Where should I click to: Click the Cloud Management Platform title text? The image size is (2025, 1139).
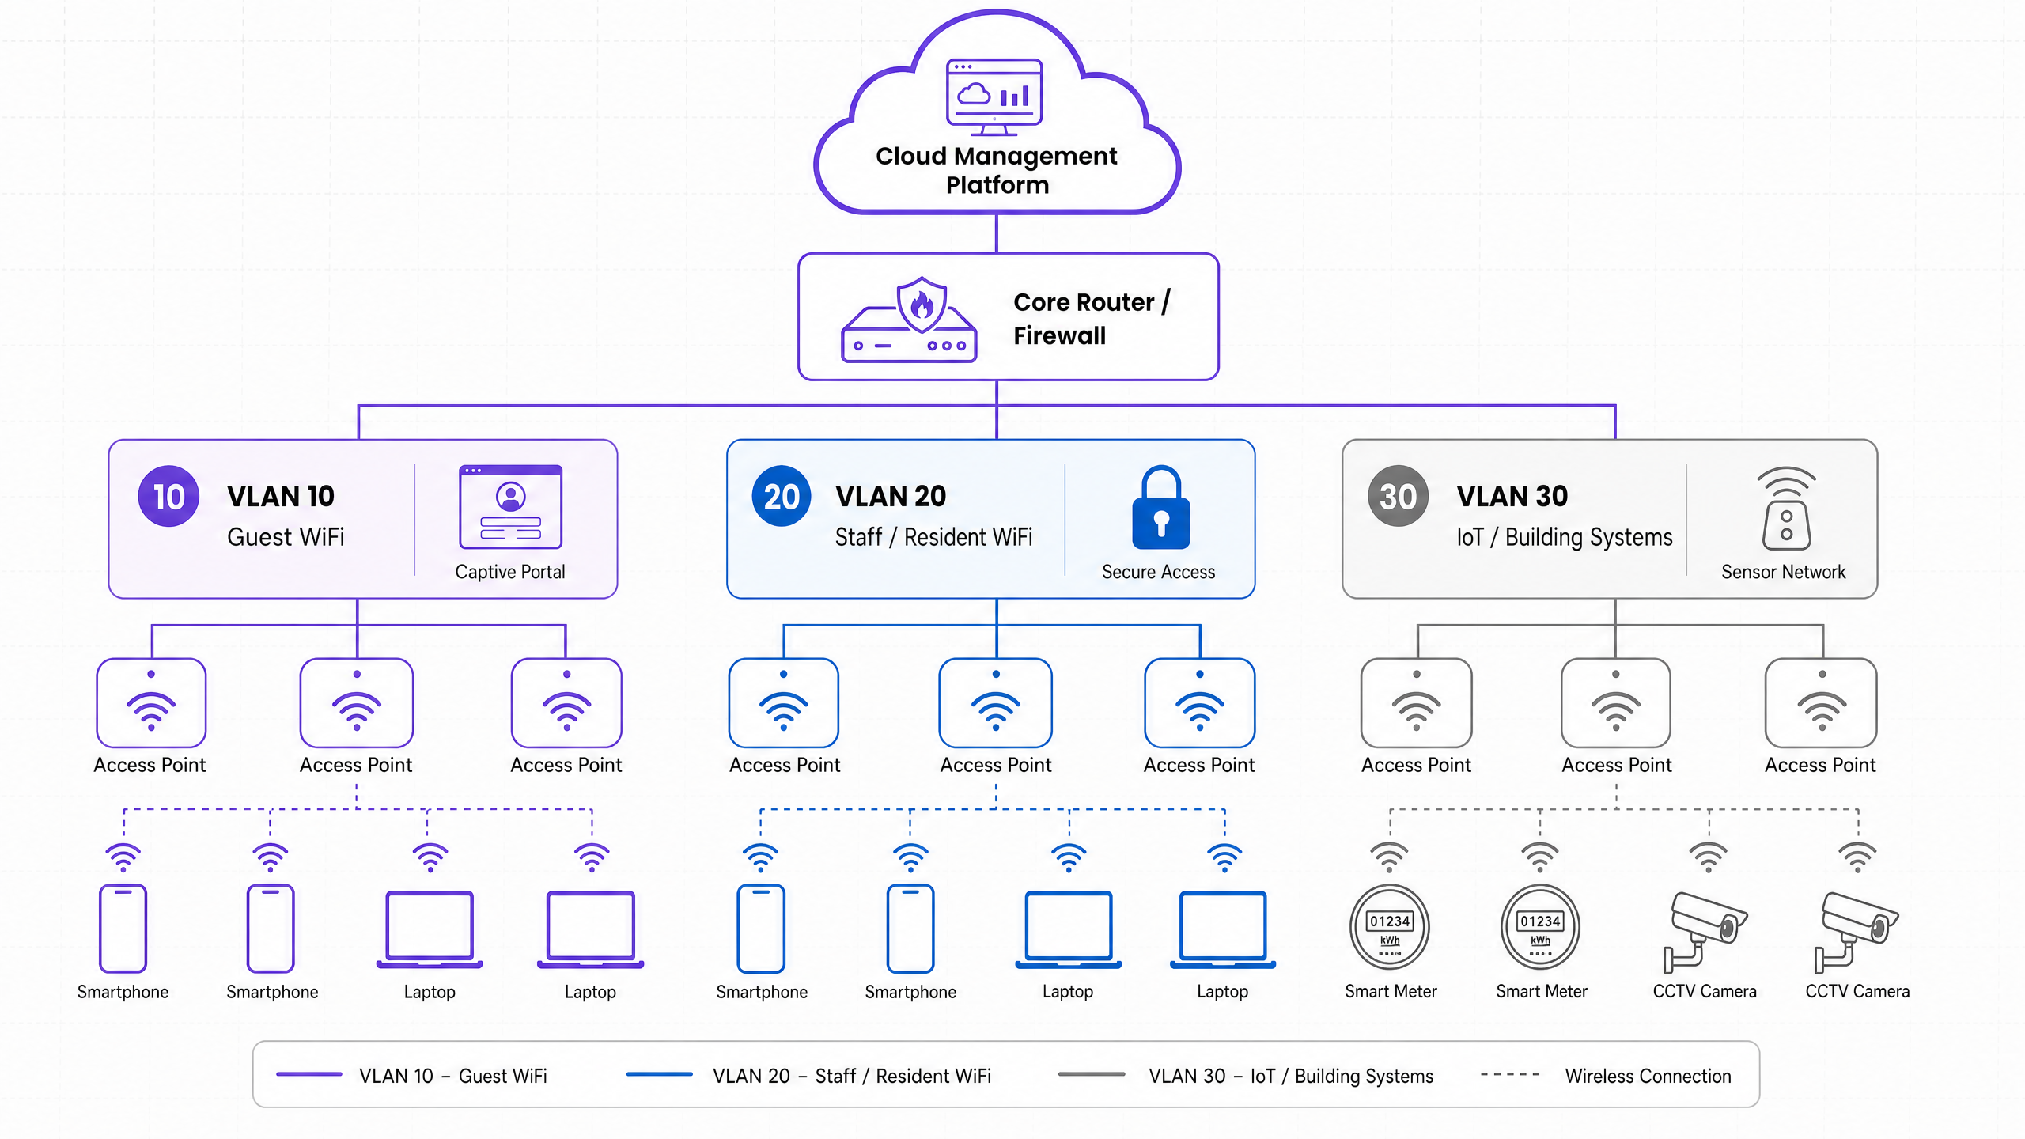pyautogui.click(x=997, y=170)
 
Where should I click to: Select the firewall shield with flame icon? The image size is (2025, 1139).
pyautogui.click(x=922, y=305)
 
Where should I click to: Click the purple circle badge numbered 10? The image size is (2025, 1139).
pyautogui.click(x=168, y=497)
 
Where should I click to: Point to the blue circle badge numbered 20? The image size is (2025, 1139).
pyautogui.click(x=782, y=497)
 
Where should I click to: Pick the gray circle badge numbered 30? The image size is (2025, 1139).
pyautogui.click(x=1398, y=497)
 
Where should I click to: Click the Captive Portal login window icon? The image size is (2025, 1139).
pyautogui.click(x=510, y=507)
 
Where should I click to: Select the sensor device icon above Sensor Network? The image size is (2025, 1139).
pyautogui.click(x=1786, y=509)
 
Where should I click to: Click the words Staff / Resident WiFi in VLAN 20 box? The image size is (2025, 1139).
pyautogui.click(x=933, y=538)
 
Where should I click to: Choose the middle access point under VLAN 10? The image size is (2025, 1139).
pyautogui.click(x=357, y=703)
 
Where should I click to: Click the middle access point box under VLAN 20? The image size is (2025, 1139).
pyautogui.click(x=996, y=703)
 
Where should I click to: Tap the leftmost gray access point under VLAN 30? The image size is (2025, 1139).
pyautogui.click(x=1416, y=703)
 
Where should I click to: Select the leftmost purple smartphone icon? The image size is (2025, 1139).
pyautogui.click(x=123, y=929)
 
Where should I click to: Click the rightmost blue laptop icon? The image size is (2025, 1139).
pyautogui.click(x=1223, y=930)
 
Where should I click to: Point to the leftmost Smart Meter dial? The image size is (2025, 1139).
pyautogui.click(x=1390, y=927)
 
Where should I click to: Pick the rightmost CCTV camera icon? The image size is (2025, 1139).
pyautogui.click(x=1856, y=933)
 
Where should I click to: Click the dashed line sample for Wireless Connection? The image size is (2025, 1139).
pyautogui.click(x=1510, y=1075)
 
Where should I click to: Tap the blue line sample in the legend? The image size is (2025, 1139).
pyautogui.click(x=659, y=1075)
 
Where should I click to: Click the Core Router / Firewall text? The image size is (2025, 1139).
pyautogui.click(x=1092, y=319)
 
